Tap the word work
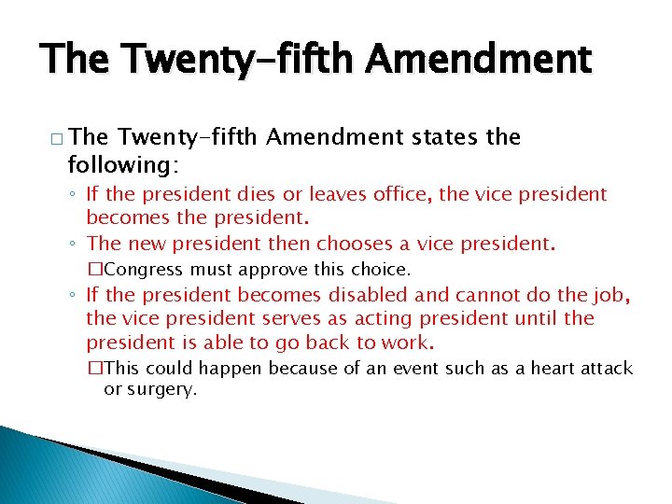click(414, 342)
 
